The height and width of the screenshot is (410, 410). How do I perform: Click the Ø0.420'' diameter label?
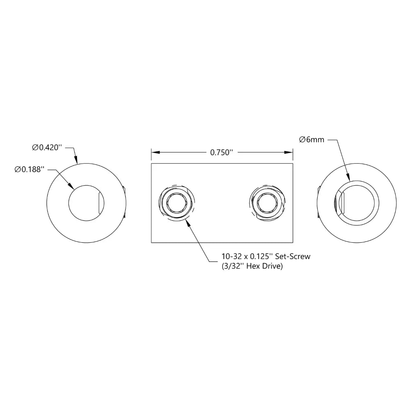(x=47, y=148)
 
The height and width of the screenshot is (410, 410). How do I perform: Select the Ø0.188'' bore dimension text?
(x=28, y=170)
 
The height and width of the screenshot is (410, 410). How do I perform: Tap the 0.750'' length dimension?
(x=221, y=153)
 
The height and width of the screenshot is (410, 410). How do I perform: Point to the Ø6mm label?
(x=312, y=140)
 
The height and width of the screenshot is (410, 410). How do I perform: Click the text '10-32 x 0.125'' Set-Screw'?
(x=266, y=256)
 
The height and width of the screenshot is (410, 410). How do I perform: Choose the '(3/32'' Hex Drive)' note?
(x=252, y=266)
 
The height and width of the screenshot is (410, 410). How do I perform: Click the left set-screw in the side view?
(x=177, y=203)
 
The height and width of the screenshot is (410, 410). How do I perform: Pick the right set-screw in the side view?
(x=267, y=203)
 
